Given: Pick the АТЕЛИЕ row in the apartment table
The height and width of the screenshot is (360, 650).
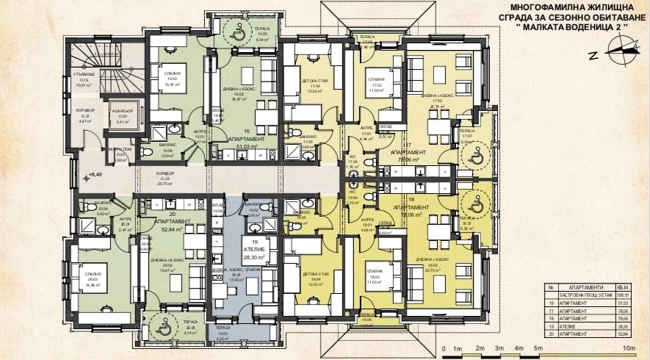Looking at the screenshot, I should coord(580,326).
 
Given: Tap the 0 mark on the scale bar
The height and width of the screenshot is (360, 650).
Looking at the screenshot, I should coord(444,348).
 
